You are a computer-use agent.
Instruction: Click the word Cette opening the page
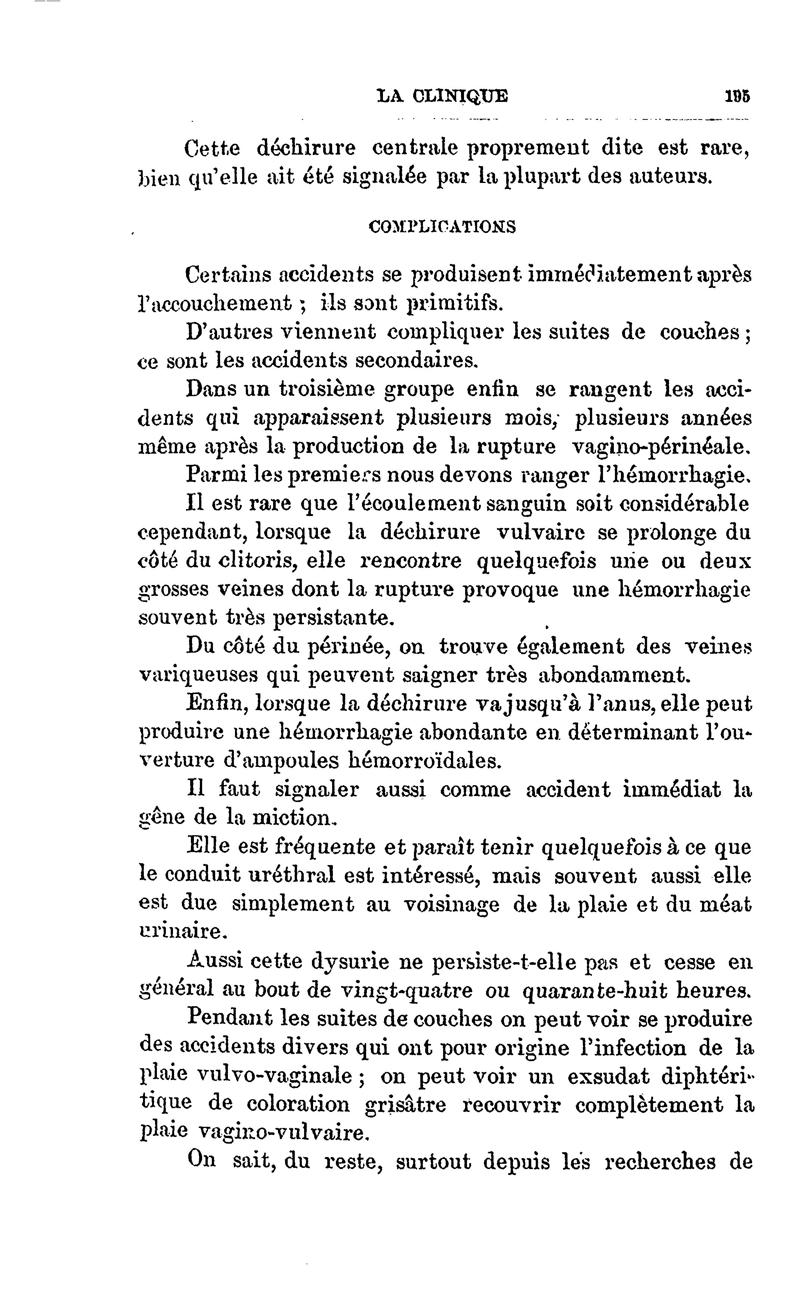213,148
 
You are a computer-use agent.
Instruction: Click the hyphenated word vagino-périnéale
661,446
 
